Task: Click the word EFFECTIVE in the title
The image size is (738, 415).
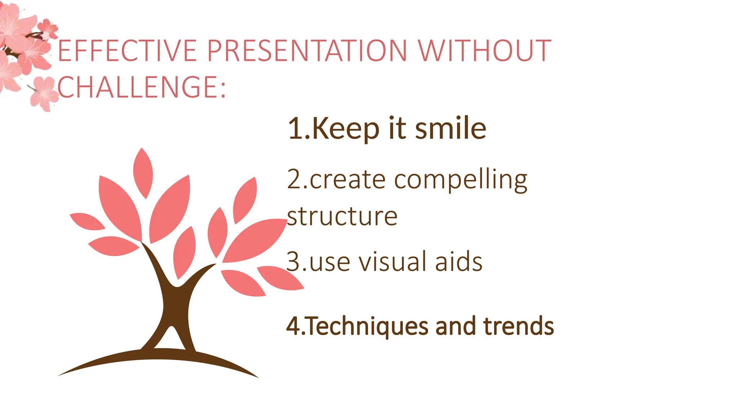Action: click(x=127, y=51)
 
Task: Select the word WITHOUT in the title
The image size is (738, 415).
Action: click(x=484, y=51)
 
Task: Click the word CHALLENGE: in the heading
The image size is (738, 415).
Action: click(x=141, y=88)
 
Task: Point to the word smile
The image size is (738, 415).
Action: click(x=450, y=129)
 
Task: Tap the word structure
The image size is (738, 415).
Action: click(x=342, y=217)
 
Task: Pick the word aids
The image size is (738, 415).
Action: click(x=458, y=262)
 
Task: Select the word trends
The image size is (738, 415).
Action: click(x=519, y=326)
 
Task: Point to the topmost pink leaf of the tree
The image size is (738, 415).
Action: click(x=143, y=173)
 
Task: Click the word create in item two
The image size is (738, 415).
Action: click(x=347, y=180)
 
